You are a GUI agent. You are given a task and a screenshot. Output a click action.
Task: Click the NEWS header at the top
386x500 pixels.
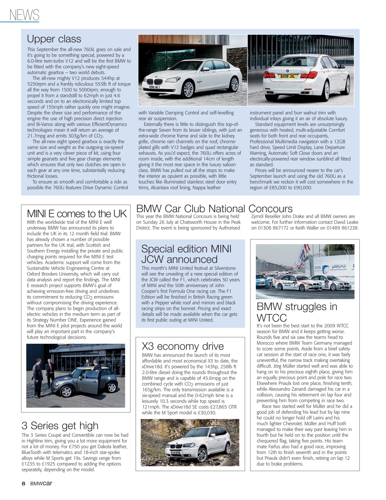click(x=24, y=15)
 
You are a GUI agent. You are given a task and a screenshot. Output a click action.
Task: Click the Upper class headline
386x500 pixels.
click(x=54, y=39)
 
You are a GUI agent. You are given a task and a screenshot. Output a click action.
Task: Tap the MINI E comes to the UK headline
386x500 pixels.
click(x=77, y=214)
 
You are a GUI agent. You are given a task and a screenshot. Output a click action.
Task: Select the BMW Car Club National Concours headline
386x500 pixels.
click(x=214, y=209)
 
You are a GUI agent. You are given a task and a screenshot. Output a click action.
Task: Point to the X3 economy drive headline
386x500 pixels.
click(x=182, y=346)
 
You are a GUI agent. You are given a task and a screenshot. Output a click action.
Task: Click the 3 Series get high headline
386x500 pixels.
click(x=60, y=425)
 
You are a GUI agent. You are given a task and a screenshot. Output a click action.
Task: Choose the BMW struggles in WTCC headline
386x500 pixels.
click(x=297, y=312)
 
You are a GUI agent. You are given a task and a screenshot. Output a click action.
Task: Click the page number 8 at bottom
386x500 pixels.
click(x=23, y=484)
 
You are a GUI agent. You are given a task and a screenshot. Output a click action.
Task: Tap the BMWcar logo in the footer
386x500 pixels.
click(x=41, y=484)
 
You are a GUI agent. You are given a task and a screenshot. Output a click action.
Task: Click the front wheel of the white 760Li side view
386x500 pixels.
click(x=188, y=89)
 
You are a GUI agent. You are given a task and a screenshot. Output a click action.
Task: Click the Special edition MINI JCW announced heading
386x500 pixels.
click(x=186, y=254)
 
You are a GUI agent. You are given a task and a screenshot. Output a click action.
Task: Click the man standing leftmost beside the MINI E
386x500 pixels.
click(x=38, y=374)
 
